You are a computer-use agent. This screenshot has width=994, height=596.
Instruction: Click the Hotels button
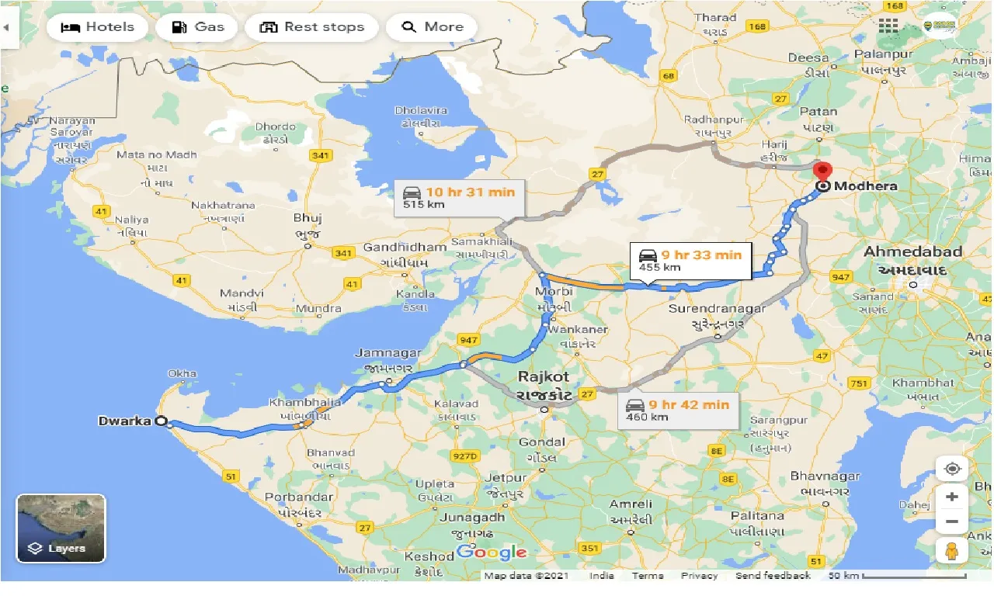(x=97, y=27)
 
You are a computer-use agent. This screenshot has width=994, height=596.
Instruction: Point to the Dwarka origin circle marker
(x=162, y=421)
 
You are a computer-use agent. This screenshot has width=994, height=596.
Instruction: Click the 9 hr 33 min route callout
(x=690, y=260)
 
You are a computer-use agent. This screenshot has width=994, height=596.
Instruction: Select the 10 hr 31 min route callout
(x=458, y=198)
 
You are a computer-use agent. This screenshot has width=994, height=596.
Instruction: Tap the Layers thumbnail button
(x=61, y=528)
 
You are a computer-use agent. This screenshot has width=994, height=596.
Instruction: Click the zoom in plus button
(x=952, y=497)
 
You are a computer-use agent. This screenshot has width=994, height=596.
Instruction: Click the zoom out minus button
(x=952, y=521)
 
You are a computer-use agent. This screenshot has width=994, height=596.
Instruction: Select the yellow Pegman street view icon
(x=952, y=551)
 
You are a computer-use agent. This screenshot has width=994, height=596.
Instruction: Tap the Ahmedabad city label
(x=913, y=252)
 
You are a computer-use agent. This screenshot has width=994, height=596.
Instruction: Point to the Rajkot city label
(x=544, y=377)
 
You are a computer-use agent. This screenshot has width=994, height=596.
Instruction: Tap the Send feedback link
(x=773, y=576)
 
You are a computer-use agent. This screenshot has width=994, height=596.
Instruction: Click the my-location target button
(x=952, y=470)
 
